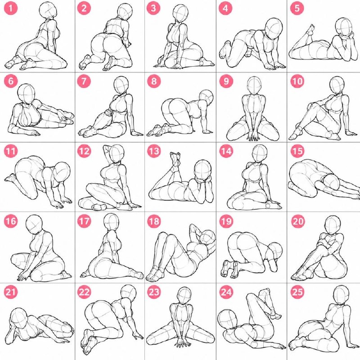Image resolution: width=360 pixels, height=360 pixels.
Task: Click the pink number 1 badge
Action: coord(10,9)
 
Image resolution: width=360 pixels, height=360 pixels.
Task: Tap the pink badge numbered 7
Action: coord(84,81)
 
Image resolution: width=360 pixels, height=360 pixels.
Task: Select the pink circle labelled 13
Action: coord(154,151)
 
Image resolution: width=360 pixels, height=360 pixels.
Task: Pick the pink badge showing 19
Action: coord(226,221)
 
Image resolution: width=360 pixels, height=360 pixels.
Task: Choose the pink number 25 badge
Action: coord(297,292)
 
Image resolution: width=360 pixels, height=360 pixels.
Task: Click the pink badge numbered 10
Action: coord(297,81)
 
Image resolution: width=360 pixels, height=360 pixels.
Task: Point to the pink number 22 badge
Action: coord(84,292)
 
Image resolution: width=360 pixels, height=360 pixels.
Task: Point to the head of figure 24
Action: coord(227,320)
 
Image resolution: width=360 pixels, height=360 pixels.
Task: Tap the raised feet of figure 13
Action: coord(175,158)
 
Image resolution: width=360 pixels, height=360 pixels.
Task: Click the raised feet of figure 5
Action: coord(310,31)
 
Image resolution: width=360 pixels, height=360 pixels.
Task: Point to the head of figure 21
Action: coord(19,318)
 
